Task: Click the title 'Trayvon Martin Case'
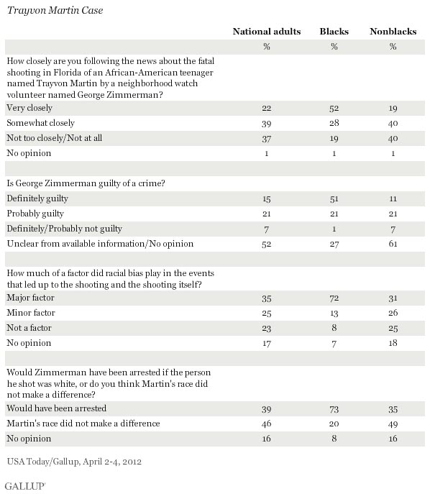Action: pyautogui.click(x=55, y=10)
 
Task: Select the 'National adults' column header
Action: pyautogui.click(x=267, y=32)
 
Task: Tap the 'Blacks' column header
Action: pyautogui.click(x=334, y=32)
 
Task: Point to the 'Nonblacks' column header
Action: pyautogui.click(x=393, y=32)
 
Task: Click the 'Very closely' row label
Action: pyautogui.click(x=29, y=108)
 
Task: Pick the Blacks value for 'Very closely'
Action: pyautogui.click(x=334, y=109)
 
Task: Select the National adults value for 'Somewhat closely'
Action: pyautogui.click(x=267, y=124)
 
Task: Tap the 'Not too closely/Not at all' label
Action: pyautogui.click(x=55, y=138)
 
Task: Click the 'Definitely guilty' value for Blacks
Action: pyautogui.click(x=334, y=199)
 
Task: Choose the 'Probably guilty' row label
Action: pyautogui.click(x=35, y=214)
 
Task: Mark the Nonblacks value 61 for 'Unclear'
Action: pyautogui.click(x=393, y=244)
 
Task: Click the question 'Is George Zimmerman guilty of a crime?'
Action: pyautogui.click(x=86, y=183)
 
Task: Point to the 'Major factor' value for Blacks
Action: pyautogui.click(x=334, y=298)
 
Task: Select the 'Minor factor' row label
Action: pyautogui.click(x=31, y=313)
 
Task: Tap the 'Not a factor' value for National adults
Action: pyautogui.click(x=267, y=329)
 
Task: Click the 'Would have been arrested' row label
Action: pyautogui.click(x=57, y=408)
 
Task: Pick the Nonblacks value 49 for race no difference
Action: pyautogui.click(x=393, y=424)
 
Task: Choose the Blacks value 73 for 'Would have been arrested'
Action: pyautogui.click(x=334, y=409)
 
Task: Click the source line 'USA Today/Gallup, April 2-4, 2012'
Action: pyautogui.click(x=74, y=462)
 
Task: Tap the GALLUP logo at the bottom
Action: pyautogui.click(x=25, y=486)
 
